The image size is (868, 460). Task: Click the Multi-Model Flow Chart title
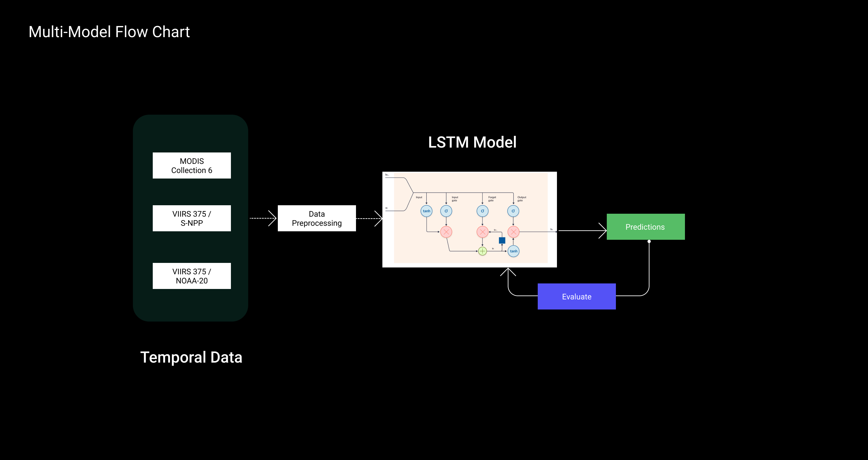[109, 32]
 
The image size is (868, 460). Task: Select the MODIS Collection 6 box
[192, 165]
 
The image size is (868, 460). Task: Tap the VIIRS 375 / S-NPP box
[192, 218]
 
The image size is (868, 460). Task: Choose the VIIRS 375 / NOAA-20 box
[192, 276]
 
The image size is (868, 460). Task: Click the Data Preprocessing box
[317, 218]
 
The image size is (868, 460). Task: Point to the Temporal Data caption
[191, 357]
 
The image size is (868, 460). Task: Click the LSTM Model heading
[472, 142]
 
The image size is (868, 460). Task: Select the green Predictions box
[646, 227]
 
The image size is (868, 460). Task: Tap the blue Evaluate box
[576, 296]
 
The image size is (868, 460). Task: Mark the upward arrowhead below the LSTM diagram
[508, 271]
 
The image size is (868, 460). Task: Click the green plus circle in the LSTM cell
[482, 251]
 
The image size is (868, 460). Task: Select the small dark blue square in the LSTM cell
[502, 240]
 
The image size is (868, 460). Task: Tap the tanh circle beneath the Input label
[427, 211]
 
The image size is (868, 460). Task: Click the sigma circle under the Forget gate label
[482, 211]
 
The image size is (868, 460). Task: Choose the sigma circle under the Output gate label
[513, 211]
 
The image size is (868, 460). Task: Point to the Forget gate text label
[492, 199]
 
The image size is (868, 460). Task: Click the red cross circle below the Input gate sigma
[446, 232]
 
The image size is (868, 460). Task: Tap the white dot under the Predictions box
[649, 241]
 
